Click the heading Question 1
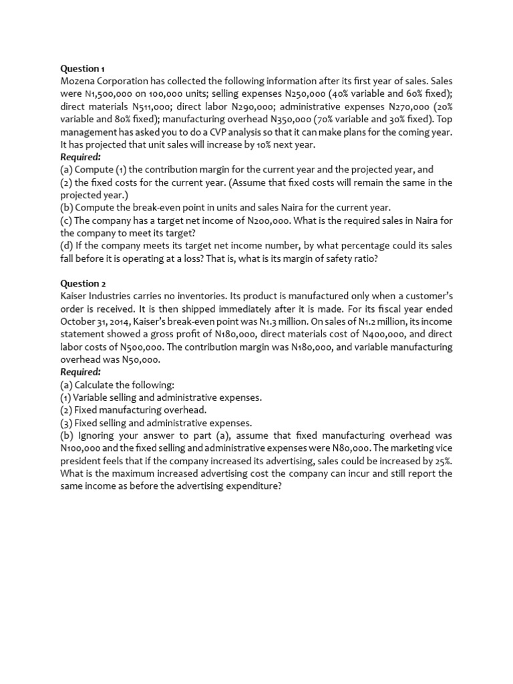pos(83,68)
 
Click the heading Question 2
pos(83,283)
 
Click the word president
pos(82,461)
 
